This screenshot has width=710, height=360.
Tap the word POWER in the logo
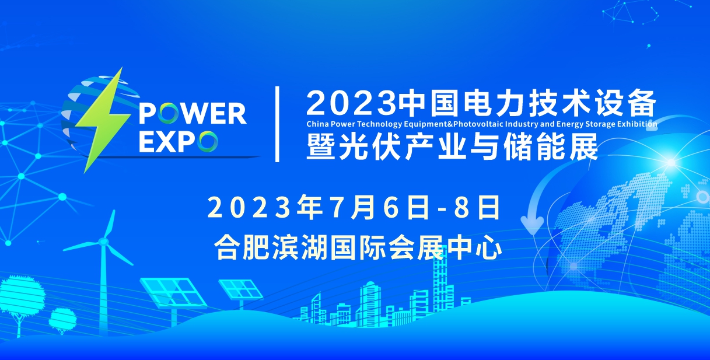pyautogui.click(x=193, y=113)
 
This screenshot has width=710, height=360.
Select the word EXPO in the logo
pyautogui.click(x=179, y=141)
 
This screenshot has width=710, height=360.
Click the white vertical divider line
pyautogui.click(x=277, y=124)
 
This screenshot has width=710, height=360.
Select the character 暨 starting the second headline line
pyautogui.click(x=320, y=146)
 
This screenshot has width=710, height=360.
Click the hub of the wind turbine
pyautogui.click(x=103, y=242)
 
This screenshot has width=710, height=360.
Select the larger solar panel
pyautogui.click(x=173, y=292)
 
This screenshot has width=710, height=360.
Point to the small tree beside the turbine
pyautogui.click(x=62, y=318)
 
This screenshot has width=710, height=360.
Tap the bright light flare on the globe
pyautogui.click(x=671, y=163)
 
